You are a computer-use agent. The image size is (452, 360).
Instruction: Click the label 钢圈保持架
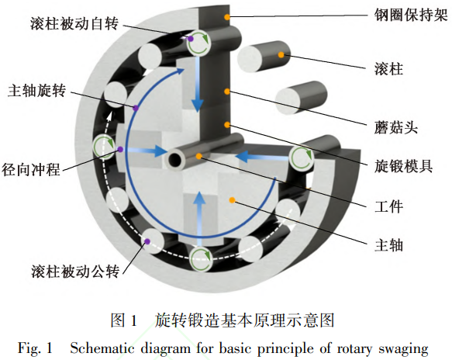(411, 15)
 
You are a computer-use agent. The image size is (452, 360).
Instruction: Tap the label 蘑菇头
(396, 127)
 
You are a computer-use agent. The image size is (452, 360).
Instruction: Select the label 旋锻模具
(404, 167)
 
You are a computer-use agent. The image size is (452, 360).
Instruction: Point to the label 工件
(388, 206)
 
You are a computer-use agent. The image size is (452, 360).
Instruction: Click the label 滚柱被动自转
(74, 23)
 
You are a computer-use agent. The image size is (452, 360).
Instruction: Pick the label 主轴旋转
(37, 91)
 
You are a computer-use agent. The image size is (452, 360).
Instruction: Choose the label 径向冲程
(31, 169)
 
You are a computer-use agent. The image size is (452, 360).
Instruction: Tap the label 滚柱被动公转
(75, 272)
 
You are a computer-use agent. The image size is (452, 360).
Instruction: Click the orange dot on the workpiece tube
(198, 157)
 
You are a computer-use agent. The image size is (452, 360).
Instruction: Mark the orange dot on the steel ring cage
(227, 17)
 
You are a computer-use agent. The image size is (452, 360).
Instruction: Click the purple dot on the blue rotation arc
(136, 108)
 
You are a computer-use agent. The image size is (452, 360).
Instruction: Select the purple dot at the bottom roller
(147, 241)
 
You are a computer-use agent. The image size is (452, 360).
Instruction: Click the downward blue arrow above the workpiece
(198, 84)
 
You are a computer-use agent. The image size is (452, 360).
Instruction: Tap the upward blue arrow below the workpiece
(199, 214)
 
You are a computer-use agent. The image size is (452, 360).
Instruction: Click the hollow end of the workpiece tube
(175, 160)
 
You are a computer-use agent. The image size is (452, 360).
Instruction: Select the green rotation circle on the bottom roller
(201, 258)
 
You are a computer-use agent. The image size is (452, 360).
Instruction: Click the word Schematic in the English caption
(102, 348)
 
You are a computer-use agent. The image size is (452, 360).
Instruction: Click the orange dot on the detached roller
(281, 54)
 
